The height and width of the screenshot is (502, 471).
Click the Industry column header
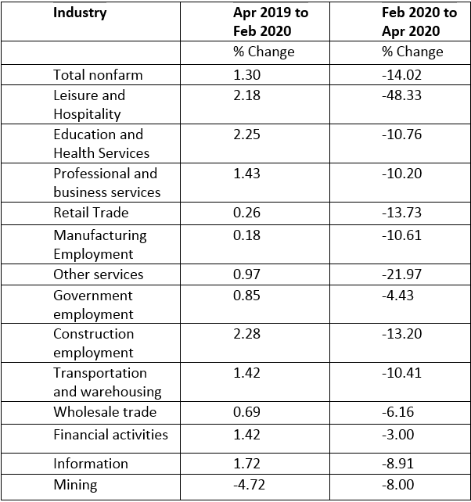pyautogui.click(x=80, y=13)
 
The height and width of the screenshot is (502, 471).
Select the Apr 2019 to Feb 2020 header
pyautogui.click(x=270, y=22)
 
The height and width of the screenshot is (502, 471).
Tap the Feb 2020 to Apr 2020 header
pyautogui.click(x=419, y=22)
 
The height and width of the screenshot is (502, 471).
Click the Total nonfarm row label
pyautogui.click(x=98, y=75)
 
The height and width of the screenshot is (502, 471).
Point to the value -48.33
pyautogui.click(x=402, y=95)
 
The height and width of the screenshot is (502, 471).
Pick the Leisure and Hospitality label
pyautogui.click(x=88, y=105)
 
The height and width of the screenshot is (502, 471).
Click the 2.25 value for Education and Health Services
pyautogui.click(x=247, y=134)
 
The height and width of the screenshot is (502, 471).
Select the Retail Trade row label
pyautogui.click(x=91, y=213)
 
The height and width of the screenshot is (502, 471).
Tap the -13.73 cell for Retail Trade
pyautogui.click(x=401, y=213)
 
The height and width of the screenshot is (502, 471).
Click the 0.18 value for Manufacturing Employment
pyautogui.click(x=247, y=235)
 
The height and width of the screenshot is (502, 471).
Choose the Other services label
pyautogui.click(x=99, y=274)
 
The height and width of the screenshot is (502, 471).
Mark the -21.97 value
pyautogui.click(x=401, y=274)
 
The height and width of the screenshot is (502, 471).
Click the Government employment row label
pyautogui.click(x=93, y=305)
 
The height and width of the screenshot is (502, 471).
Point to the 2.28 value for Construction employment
pyautogui.click(x=247, y=334)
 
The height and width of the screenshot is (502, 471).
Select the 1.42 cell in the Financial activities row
pyautogui.click(x=247, y=435)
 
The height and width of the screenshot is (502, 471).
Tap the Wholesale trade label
pyautogui.click(x=105, y=412)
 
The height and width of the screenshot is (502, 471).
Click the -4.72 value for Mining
pyautogui.click(x=250, y=485)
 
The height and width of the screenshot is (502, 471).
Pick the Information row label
pyautogui.click(x=91, y=464)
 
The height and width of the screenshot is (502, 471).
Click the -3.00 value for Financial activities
pyautogui.click(x=397, y=435)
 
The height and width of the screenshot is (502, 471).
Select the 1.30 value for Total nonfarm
pyautogui.click(x=247, y=75)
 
